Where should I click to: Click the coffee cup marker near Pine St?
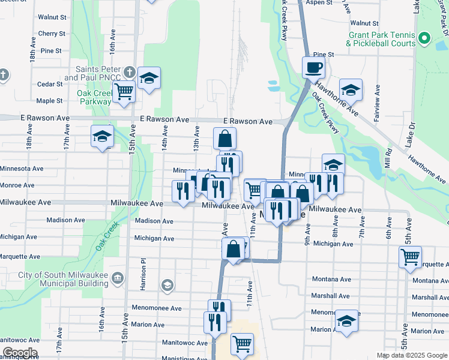(x=313, y=67)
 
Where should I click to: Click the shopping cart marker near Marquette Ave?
(x=411, y=257)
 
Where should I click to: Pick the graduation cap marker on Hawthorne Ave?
(x=351, y=91)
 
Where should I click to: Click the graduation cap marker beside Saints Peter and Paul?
(x=149, y=79)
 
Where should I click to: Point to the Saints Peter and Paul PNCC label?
(x=92, y=74)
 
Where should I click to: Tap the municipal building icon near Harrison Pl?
(x=118, y=278)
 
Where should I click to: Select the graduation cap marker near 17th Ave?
(x=102, y=136)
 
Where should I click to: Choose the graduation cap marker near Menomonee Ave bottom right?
(x=346, y=321)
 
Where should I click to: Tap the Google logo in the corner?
(x=20, y=353)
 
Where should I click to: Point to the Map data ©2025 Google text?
(x=411, y=355)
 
